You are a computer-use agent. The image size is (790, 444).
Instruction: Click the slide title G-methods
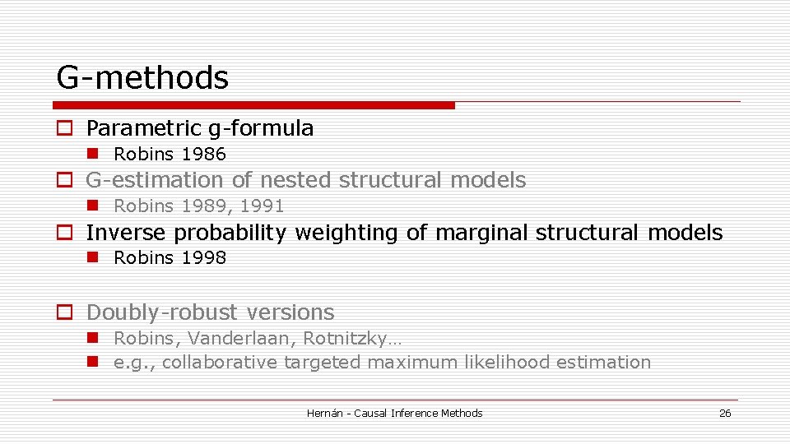tap(142, 78)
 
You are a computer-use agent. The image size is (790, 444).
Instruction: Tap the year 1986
tap(203, 155)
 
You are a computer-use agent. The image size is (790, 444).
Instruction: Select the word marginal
tap(482, 233)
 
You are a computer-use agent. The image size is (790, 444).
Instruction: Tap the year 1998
tap(203, 258)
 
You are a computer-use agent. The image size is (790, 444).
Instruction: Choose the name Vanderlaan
tap(242, 339)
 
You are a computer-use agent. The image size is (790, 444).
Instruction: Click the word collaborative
tap(220, 363)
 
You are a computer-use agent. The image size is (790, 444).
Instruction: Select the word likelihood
tap(504, 363)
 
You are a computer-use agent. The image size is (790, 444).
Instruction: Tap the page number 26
tap(725, 414)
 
